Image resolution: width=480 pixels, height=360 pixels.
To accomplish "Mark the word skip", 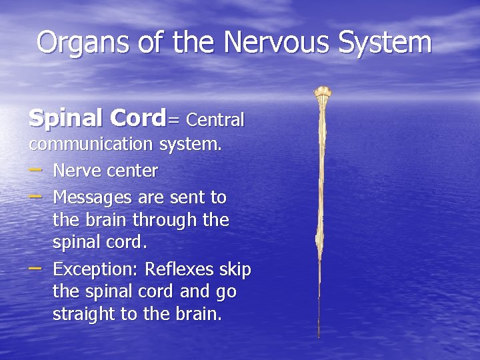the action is coord(235,270).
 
